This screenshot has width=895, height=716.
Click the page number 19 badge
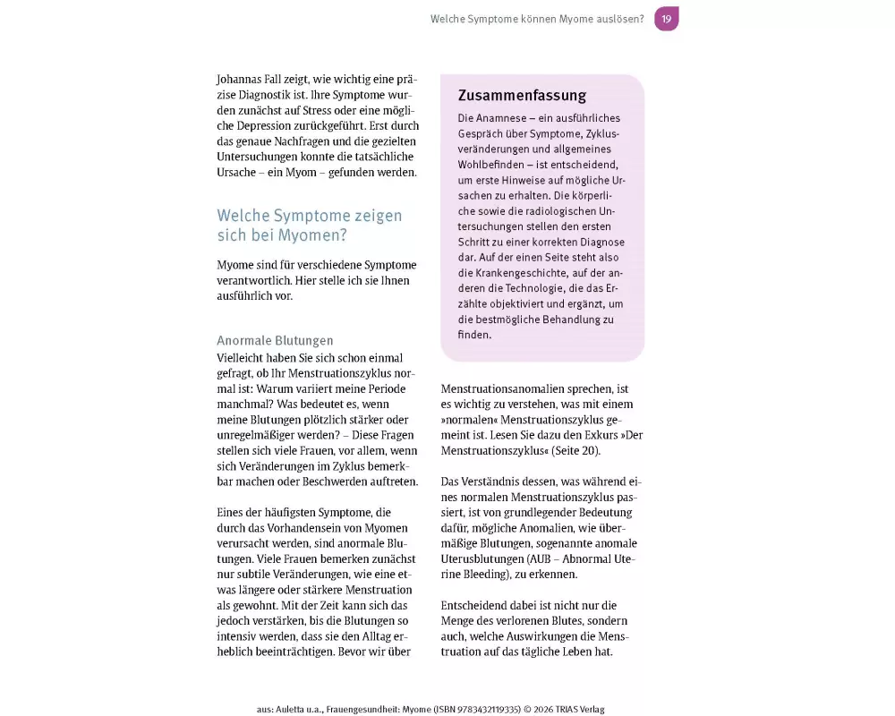(666, 19)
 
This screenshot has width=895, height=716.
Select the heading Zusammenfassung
(522, 96)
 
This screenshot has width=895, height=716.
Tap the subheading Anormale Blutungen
(275, 341)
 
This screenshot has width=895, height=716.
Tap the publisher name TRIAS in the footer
(562, 710)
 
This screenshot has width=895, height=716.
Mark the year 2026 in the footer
(534, 710)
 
